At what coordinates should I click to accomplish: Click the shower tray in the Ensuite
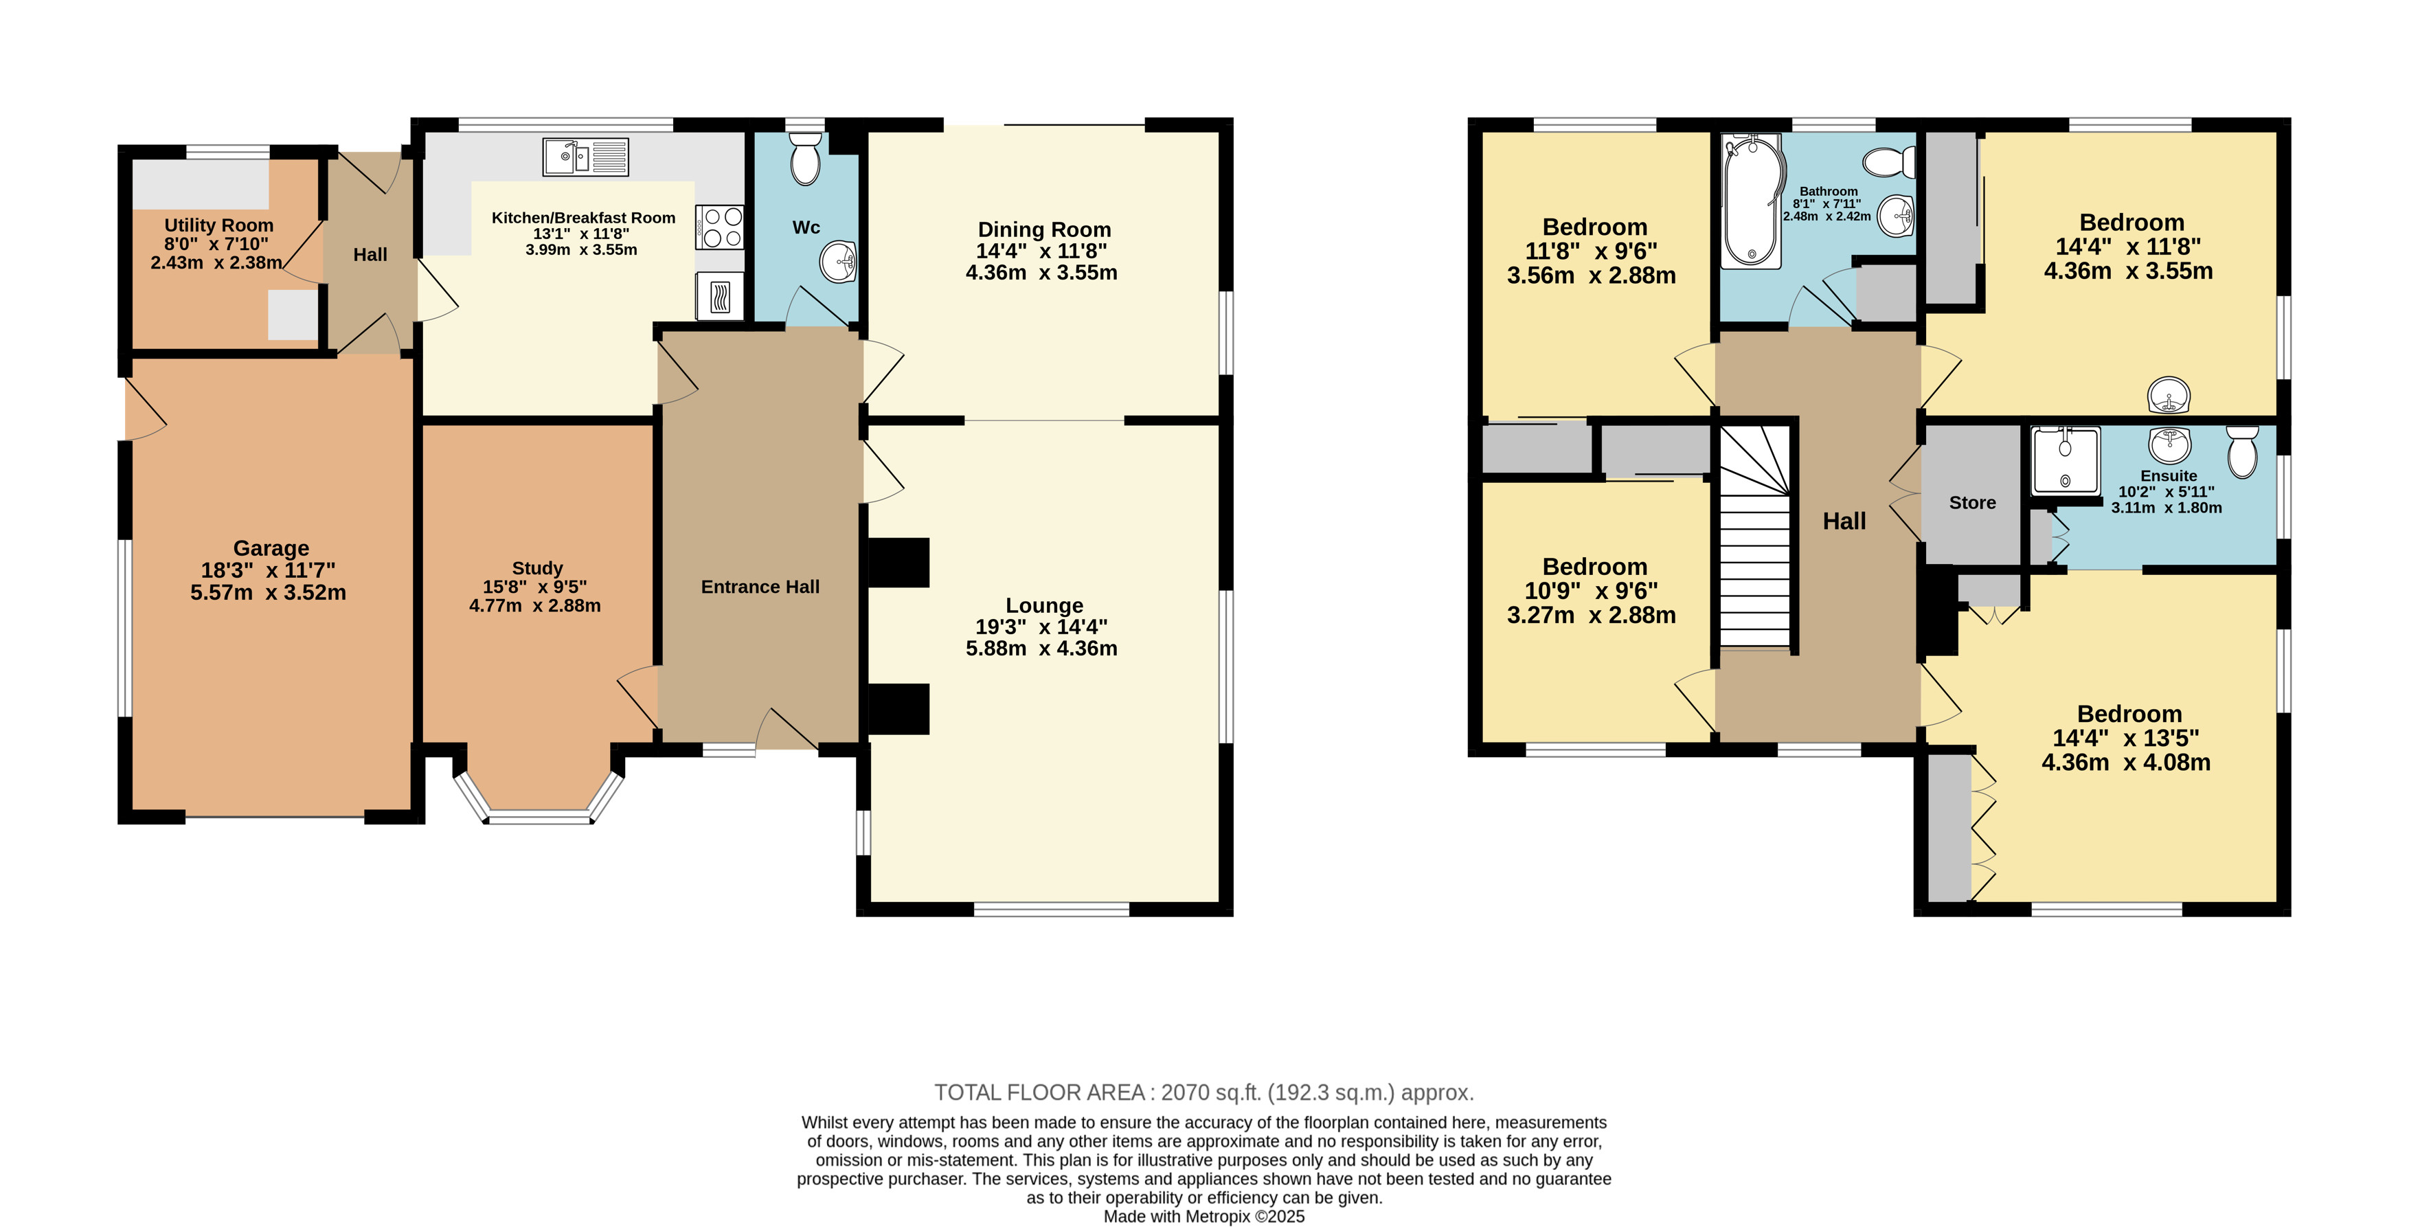click(2066, 460)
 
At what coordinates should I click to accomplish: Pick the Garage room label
click(271, 548)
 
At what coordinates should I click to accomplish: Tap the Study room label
click(538, 567)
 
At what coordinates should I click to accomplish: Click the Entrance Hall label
click(760, 587)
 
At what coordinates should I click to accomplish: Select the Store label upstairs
click(1972, 502)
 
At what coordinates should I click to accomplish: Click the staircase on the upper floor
click(1755, 536)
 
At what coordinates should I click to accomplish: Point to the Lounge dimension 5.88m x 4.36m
click(1042, 648)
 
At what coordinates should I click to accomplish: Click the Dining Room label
click(1045, 229)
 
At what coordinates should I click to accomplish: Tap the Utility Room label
click(219, 225)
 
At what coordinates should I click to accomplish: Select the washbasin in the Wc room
click(838, 261)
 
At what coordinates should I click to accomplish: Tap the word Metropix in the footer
click(1218, 1217)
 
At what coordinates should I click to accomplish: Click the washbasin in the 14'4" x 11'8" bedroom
click(2169, 394)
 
